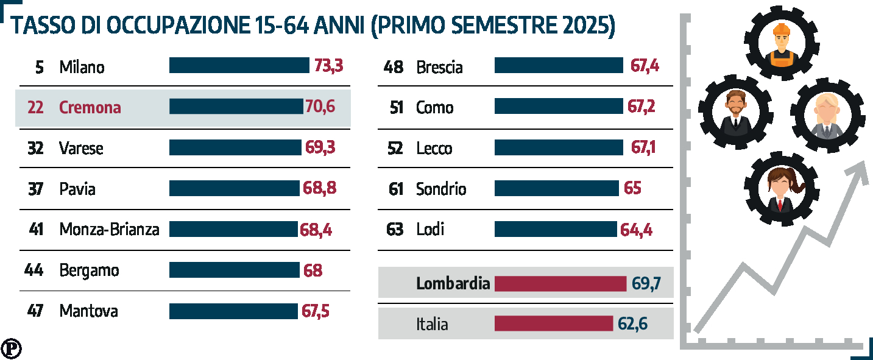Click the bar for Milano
pos(239,65)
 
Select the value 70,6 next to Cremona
pos(320,107)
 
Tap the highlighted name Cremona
pos(90,108)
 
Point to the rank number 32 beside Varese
pos(35,148)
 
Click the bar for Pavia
pos(235,188)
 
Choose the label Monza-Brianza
pos(109,230)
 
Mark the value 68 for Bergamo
pos(313,270)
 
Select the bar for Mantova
pos(233,311)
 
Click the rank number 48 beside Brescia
pos(394,67)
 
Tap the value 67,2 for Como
pos(641,107)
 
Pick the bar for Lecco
pos(559,148)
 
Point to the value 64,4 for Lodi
pos(636,230)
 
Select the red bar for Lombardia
pos(560,284)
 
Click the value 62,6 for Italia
pos(632,323)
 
